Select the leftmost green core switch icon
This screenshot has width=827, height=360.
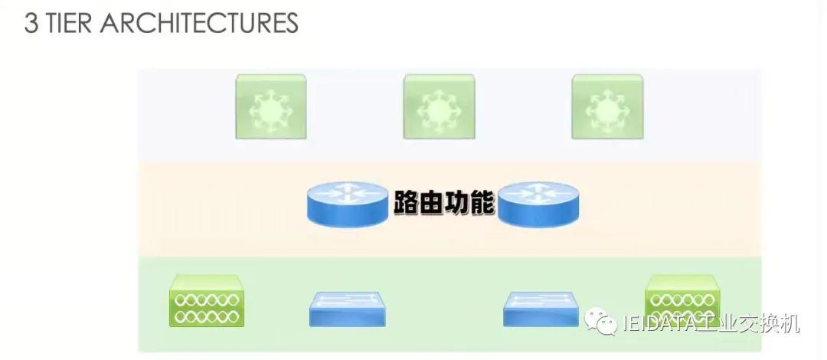pos(270,106)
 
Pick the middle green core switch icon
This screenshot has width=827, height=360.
pos(439,106)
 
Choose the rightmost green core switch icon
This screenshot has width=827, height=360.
pos(607,106)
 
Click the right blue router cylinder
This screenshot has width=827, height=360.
pos(539,204)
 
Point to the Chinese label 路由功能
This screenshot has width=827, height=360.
pos(444,202)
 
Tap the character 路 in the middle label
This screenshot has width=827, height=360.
pos(406,202)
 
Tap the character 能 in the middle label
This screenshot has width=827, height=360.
pos(482,202)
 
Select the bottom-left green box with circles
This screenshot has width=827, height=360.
pos(207,300)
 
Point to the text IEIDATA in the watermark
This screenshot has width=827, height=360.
pos(659,324)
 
